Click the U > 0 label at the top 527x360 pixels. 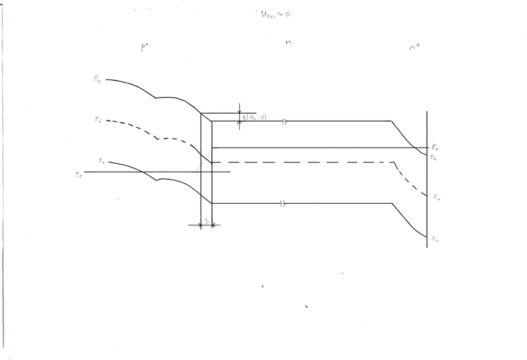coord(270,14)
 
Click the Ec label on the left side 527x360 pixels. coord(98,80)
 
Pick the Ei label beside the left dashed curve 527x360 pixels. coord(99,120)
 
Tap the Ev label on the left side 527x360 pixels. coord(101,161)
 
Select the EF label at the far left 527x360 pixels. coord(78,175)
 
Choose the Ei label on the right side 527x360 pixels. coord(436,197)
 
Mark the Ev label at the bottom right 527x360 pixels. coord(436,238)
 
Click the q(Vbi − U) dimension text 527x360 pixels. coord(255,117)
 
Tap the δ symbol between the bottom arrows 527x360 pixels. coord(206,220)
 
